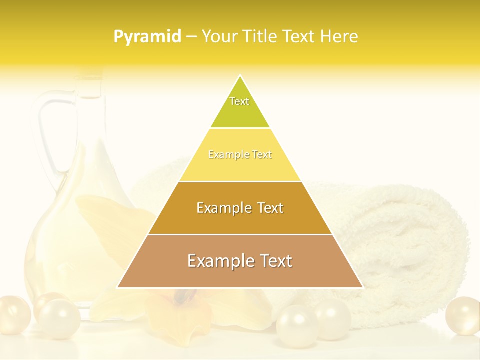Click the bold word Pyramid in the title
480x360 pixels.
click(147, 37)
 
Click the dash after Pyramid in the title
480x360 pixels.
click(191, 37)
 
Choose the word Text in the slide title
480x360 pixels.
click(299, 37)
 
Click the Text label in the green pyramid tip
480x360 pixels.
click(239, 101)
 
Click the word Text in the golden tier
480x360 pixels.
click(270, 208)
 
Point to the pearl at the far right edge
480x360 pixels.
click(463, 316)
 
